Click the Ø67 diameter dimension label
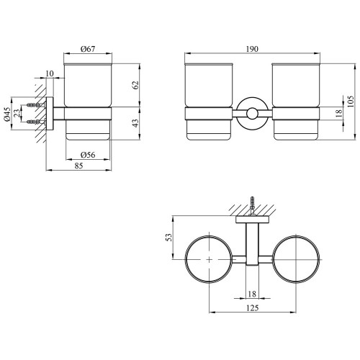point(88,49)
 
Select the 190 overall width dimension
point(252,49)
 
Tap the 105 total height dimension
point(351,102)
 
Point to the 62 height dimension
point(136,85)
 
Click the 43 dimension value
point(136,123)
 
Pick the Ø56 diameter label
point(88,155)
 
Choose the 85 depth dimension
point(78,166)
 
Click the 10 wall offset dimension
point(50,73)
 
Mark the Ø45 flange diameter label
point(7,114)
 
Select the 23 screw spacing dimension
point(17,113)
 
